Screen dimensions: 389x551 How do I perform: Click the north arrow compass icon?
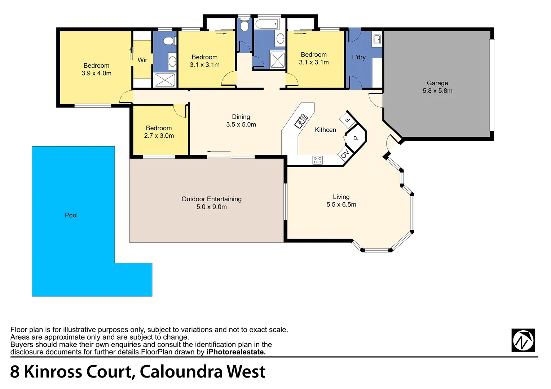click(523, 340)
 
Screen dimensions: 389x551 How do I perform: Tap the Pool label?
click(71, 215)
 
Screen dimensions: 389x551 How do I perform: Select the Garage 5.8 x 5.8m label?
click(437, 87)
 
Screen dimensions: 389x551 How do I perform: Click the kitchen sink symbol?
click(301, 121)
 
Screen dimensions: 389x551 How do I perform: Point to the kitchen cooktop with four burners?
click(317, 160)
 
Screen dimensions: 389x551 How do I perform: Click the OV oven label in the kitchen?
click(345, 154)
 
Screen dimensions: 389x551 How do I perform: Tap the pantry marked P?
click(356, 137)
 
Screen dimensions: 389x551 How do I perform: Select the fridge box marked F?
click(347, 120)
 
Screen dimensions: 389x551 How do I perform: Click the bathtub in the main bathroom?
click(266, 24)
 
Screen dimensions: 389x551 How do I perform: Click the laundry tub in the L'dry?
click(377, 39)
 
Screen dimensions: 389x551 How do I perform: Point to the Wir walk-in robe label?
click(142, 60)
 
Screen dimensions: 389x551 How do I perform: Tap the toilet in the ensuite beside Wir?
click(168, 41)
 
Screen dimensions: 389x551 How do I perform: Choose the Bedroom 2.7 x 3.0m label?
click(159, 132)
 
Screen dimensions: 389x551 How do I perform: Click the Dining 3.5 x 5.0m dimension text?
click(241, 125)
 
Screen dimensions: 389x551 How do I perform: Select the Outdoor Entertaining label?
click(211, 199)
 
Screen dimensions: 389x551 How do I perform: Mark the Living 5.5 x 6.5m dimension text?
click(341, 205)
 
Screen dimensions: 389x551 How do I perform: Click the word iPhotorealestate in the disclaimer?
click(236, 352)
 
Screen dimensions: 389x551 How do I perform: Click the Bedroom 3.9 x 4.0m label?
click(96, 69)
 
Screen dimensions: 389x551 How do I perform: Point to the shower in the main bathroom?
click(277, 59)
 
